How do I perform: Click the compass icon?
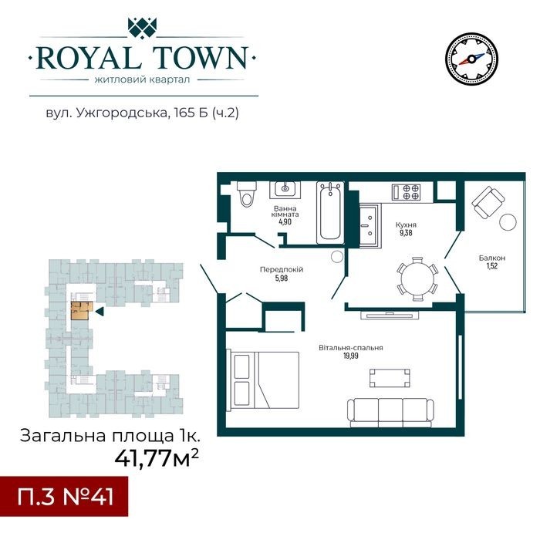[x=471, y=59]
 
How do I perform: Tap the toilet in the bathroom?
[x=247, y=194]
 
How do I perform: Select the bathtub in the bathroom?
[x=330, y=212]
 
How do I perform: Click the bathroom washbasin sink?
[x=285, y=189]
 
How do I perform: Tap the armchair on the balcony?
[x=488, y=202]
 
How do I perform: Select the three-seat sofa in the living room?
[x=391, y=413]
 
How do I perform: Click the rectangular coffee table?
[x=390, y=378]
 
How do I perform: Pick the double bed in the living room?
[x=262, y=380]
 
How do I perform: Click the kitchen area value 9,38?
[x=406, y=233]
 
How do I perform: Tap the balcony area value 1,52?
[x=492, y=266]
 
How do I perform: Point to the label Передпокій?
[x=282, y=269]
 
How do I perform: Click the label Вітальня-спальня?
[x=350, y=347]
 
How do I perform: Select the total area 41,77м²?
[x=157, y=457]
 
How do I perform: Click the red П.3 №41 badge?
[x=64, y=497]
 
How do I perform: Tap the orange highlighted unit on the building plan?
[x=81, y=311]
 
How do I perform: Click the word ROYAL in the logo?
[x=88, y=58]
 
